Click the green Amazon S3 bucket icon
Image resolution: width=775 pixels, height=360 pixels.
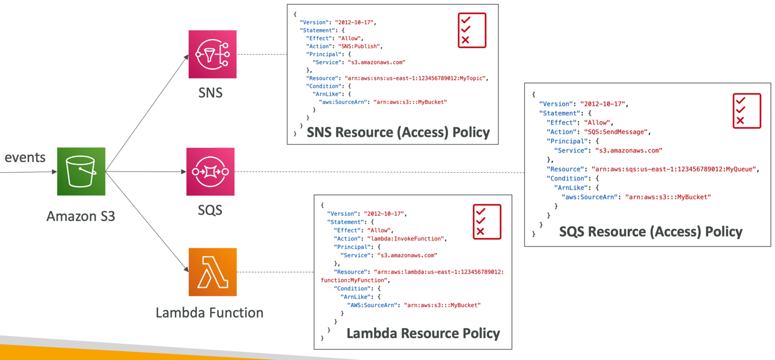click(81, 172)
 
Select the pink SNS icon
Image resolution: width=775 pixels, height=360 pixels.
click(212, 54)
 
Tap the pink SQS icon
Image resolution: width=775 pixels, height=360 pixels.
click(211, 172)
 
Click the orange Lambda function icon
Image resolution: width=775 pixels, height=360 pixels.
click(212, 272)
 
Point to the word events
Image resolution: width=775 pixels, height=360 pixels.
click(25, 158)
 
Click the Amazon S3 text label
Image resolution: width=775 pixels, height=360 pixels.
click(81, 216)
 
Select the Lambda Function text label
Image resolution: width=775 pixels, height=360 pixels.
click(209, 313)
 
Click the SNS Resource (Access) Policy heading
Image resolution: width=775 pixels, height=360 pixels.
click(398, 133)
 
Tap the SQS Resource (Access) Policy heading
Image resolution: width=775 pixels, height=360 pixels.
click(650, 231)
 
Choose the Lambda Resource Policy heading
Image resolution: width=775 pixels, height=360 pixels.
click(423, 333)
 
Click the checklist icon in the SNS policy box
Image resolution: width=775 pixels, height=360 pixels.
click(472, 30)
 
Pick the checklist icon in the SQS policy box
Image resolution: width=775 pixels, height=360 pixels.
click(747, 111)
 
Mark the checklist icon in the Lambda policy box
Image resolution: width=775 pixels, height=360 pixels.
click(487, 222)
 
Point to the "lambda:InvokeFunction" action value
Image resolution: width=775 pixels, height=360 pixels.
click(405, 238)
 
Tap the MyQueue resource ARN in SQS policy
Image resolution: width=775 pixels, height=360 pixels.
click(674, 169)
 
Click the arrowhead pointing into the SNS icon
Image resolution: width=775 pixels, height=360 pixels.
click(186, 56)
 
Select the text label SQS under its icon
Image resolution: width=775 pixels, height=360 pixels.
click(210, 209)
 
